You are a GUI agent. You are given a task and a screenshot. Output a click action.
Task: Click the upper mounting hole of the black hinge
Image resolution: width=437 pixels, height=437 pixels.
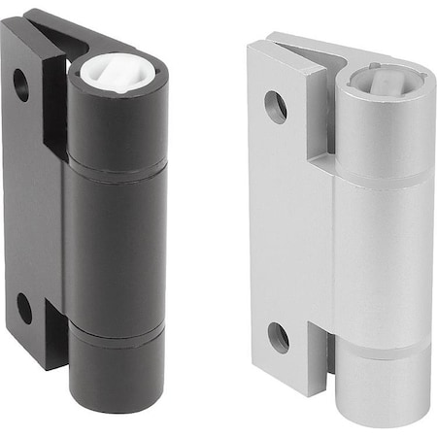pos(21,85)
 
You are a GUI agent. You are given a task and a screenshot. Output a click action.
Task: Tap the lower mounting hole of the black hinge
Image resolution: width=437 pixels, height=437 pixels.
pos(24,309)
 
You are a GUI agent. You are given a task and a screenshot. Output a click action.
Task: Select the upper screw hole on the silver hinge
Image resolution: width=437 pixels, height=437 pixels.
pos(276,106)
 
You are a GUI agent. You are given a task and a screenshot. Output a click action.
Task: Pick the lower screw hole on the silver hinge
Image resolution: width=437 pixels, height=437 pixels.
pos(278,337)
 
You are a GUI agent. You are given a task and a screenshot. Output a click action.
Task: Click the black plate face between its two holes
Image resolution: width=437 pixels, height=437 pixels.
pos(24,194)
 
